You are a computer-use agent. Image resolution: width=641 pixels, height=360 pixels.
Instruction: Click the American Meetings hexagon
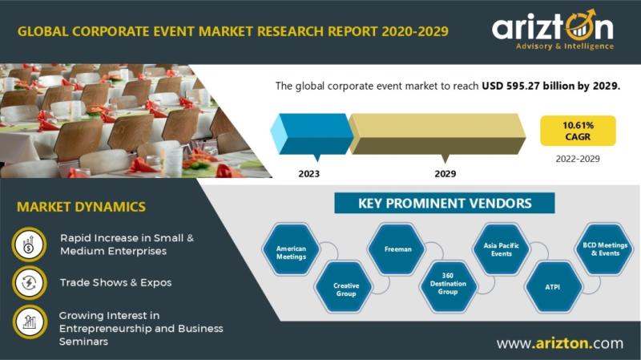tap(291, 249)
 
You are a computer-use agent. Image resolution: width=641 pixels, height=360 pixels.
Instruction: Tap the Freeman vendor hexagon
tap(396, 249)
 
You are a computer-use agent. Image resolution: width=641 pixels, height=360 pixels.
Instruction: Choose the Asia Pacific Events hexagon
tap(501, 249)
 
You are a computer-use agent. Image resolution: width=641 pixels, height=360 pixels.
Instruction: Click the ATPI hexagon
tap(554, 287)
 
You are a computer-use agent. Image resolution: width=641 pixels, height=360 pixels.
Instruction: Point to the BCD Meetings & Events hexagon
tap(605, 249)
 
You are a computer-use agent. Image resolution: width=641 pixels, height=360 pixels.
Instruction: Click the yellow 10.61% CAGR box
tap(578, 131)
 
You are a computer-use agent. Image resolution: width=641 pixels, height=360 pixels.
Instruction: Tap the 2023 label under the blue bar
tap(309, 174)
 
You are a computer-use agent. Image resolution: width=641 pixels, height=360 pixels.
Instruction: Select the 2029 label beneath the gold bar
tap(445, 174)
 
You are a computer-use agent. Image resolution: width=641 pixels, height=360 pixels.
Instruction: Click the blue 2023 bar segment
tap(312, 134)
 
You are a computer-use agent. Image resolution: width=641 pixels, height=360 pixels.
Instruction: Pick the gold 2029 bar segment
tap(437, 134)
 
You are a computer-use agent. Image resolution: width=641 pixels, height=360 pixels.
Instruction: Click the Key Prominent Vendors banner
tap(445, 204)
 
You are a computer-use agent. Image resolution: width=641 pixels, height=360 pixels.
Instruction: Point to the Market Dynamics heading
tap(82, 207)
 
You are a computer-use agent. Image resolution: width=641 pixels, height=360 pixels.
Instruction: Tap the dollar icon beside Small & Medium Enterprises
tap(29, 245)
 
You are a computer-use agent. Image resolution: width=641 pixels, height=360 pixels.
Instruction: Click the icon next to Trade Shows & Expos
tap(29, 283)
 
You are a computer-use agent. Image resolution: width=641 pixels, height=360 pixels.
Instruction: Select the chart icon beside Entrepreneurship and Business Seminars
tap(29, 322)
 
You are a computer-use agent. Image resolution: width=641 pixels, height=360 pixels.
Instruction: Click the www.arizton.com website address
tap(560, 343)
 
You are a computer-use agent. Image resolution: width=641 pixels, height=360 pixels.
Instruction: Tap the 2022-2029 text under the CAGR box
tap(578, 159)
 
